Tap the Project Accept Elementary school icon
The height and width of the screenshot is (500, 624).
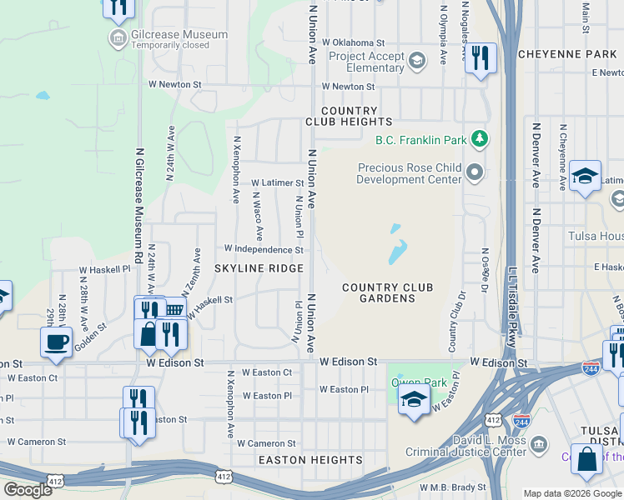pos(416,59)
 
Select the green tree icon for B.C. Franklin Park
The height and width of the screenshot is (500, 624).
pos(479,137)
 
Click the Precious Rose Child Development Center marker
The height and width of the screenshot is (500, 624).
pos(476,172)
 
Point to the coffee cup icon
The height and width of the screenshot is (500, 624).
pos(57,341)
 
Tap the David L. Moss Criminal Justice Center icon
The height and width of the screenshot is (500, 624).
pos(538,442)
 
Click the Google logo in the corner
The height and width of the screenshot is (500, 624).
pos(28,489)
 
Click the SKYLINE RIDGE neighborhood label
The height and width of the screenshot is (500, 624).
pos(258,268)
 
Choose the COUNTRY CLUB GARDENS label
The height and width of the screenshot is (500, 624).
pos(388,292)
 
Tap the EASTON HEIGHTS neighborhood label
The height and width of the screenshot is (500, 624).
pos(310,459)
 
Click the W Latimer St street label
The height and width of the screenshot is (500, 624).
pos(278,182)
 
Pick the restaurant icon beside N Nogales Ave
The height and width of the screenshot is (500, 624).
pos(480,58)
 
